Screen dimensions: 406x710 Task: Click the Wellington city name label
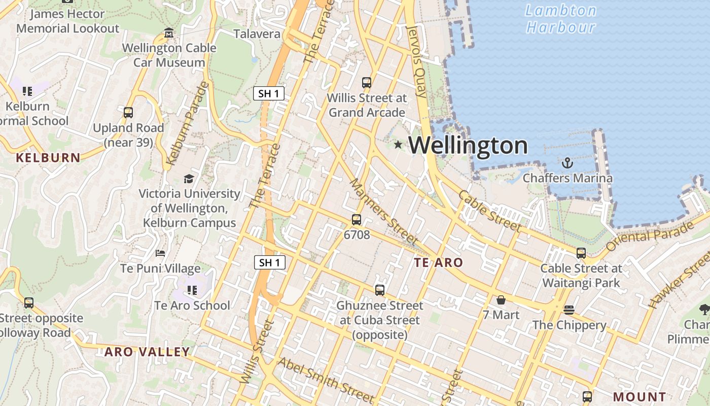(468, 146)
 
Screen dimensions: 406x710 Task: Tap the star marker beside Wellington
(398, 145)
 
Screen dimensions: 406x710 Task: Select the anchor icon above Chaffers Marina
(567, 163)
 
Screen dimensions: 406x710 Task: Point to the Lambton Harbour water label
(560, 18)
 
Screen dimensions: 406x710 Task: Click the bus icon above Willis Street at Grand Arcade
(366, 82)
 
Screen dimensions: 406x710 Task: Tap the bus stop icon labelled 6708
(357, 220)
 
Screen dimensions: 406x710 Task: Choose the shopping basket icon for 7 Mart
(501, 300)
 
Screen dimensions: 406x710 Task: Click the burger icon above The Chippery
(569, 310)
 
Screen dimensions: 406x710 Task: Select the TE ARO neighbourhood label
(438, 262)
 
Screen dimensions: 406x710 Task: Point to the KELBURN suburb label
(48, 158)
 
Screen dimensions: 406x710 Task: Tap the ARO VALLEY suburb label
(147, 352)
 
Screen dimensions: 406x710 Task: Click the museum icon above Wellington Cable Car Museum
(169, 33)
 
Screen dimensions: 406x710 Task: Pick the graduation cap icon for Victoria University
(189, 179)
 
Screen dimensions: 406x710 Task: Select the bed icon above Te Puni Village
(160, 253)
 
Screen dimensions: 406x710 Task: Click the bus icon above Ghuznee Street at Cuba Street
(380, 290)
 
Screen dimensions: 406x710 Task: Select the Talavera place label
(257, 34)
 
